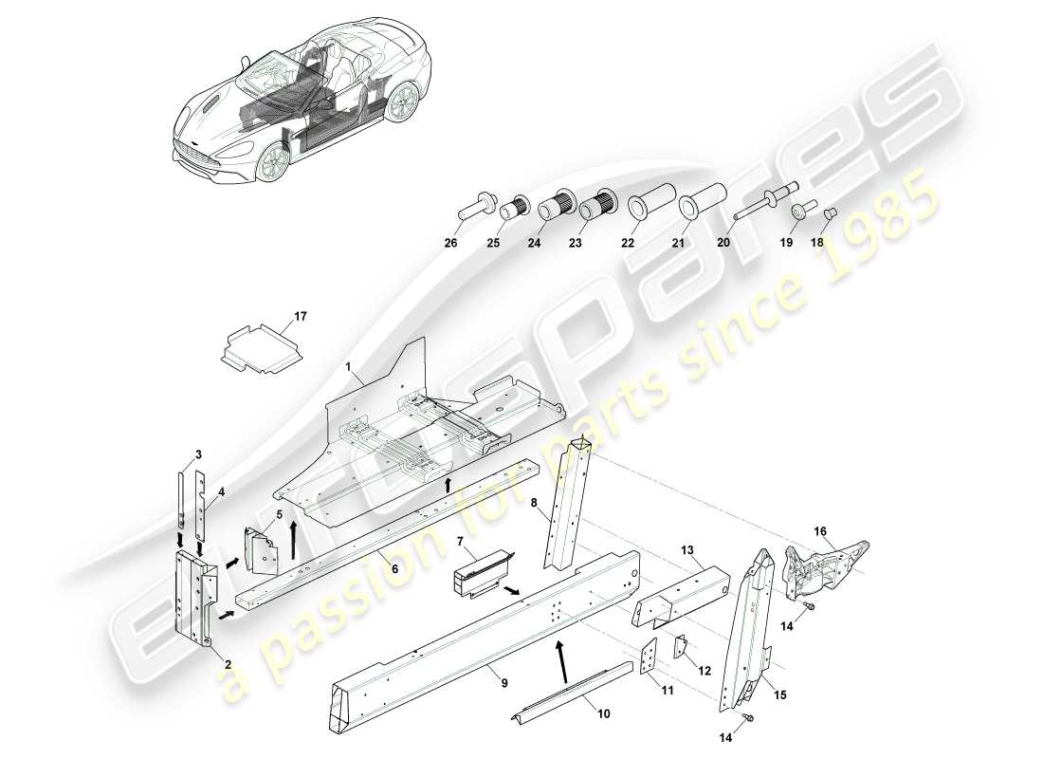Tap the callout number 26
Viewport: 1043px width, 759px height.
[450, 243]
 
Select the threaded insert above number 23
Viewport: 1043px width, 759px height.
[594, 204]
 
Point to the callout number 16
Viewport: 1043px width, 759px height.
[821, 530]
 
